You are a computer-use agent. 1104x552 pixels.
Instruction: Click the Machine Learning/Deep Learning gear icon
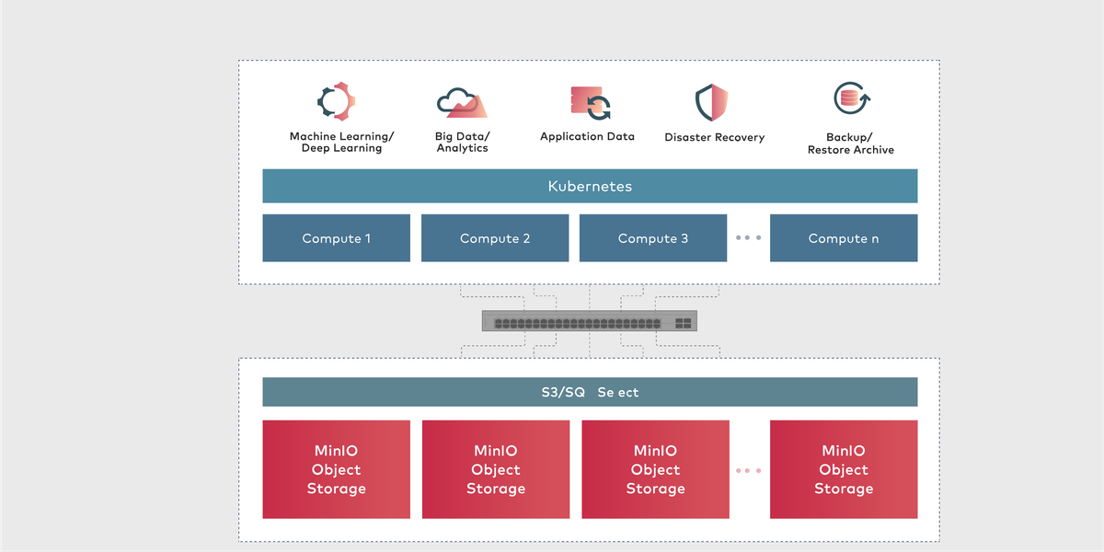(336, 102)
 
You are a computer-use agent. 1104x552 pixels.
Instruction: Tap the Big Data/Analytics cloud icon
(462, 103)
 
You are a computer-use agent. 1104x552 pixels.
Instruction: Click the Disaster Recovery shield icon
(711, 103)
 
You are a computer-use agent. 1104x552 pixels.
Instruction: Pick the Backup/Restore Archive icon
(851, 98)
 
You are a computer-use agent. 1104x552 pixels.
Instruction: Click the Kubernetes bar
(590, 186)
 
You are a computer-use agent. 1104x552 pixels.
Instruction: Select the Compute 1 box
(336, 238)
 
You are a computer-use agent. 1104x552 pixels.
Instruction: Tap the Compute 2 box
(495, 238)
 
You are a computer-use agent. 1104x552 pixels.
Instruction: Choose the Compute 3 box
(653, 238)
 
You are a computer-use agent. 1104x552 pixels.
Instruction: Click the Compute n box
(844, 238)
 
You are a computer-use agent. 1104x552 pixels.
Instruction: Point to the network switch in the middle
(590, 322)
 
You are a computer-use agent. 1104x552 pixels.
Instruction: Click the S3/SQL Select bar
(590, 392)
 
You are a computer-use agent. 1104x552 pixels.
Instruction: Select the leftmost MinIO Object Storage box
(336, 469)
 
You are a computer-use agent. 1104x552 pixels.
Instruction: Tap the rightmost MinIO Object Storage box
(844, 469)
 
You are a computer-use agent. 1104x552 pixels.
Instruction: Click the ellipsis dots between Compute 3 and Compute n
(748, 238)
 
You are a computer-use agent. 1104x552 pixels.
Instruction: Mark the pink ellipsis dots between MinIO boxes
(748, 470)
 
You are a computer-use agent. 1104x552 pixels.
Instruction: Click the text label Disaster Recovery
(714, 137)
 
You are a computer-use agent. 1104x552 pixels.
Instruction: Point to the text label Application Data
(587, 136)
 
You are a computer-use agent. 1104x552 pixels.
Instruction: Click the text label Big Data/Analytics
(462, 142)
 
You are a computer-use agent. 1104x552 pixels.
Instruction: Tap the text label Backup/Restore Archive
(850, 144)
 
